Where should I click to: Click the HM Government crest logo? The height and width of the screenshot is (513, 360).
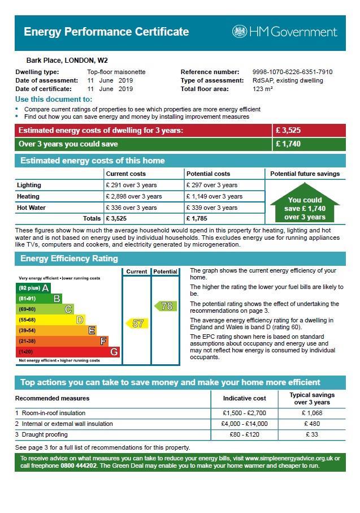coord(239,32)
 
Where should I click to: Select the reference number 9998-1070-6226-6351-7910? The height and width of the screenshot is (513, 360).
coord(292,72)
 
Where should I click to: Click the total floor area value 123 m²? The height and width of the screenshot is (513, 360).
coord(263,89)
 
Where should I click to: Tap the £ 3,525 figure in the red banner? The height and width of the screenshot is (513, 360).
coord(288,131)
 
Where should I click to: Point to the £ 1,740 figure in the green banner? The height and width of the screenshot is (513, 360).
coord(288,144)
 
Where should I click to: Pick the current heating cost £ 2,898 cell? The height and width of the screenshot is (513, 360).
coord(134,196)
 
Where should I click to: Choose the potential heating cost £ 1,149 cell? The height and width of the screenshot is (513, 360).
coord(214,196)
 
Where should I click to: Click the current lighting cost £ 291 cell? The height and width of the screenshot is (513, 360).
coord(132,185)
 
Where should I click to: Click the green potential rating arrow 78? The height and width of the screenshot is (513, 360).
coord(165,306)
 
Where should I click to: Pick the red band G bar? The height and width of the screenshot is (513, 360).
coord(67,352)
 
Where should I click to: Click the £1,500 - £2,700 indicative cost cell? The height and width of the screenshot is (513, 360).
coord(244,413)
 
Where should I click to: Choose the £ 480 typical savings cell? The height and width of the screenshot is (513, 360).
coord(311,424)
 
